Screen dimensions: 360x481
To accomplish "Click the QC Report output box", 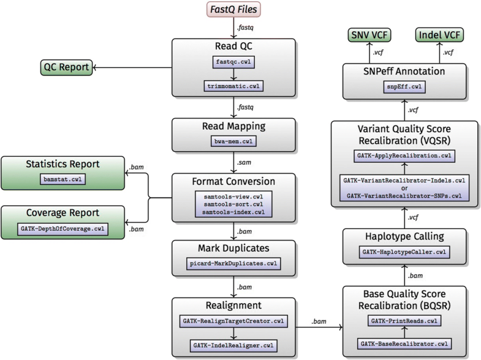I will click(x=66, y=67).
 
